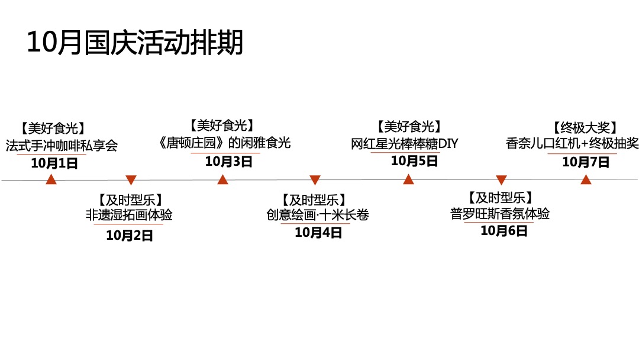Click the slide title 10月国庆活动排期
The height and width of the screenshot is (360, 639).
(135, 43)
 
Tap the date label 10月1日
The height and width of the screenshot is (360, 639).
(54, 163)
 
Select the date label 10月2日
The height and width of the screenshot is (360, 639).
(130, 235)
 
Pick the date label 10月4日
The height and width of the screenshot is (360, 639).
(318, 232)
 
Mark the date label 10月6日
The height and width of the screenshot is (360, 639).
(504, 231)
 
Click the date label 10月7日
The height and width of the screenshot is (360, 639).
(585, 162)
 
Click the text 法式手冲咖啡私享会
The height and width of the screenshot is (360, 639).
(62, 145)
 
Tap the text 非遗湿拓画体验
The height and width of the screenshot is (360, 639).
(129, 214)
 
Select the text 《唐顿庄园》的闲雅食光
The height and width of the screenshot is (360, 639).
(225, 143)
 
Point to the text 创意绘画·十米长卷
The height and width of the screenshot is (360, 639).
(318, 214)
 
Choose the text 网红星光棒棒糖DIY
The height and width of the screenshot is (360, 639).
(404, 143)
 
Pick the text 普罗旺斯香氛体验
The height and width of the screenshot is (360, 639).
(500, 213)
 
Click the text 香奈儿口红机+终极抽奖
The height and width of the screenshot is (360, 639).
(572, 143)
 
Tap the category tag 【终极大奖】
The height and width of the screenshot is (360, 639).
(585, 127)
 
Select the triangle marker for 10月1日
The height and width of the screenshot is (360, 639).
(51, 179)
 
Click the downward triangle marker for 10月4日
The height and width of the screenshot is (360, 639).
(315, 179)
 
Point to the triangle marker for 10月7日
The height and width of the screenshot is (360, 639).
(586, 179)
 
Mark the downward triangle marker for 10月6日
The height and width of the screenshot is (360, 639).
(501, 179)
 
